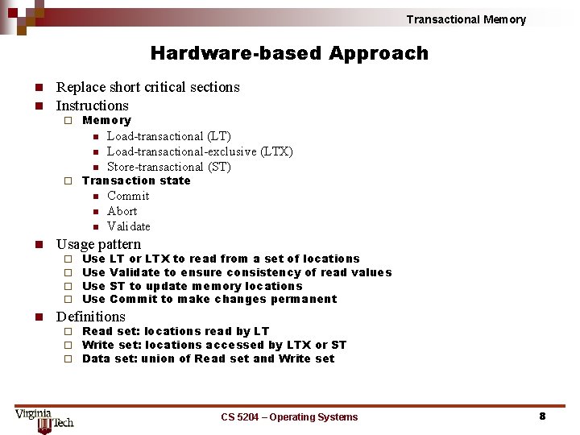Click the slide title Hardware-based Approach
point(289,54)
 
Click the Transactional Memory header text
point(466,19)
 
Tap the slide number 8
point(542,416)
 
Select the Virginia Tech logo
point(43,418)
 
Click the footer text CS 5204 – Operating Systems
point(289,416)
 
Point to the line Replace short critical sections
point(147,87)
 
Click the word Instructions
point(92,106)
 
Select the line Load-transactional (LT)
point(168,136)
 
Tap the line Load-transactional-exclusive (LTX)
point(200,151)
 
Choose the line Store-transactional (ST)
point(168,167)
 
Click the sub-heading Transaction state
point(136,180)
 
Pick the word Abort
point(122,211)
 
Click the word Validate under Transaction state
point(129,226)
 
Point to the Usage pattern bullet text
point(98,244)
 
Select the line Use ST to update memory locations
point(193,286)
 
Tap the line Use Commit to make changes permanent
point(209,299)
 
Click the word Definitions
point(91,317)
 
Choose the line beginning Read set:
point(176,331)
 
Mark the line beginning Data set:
point(208,358)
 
